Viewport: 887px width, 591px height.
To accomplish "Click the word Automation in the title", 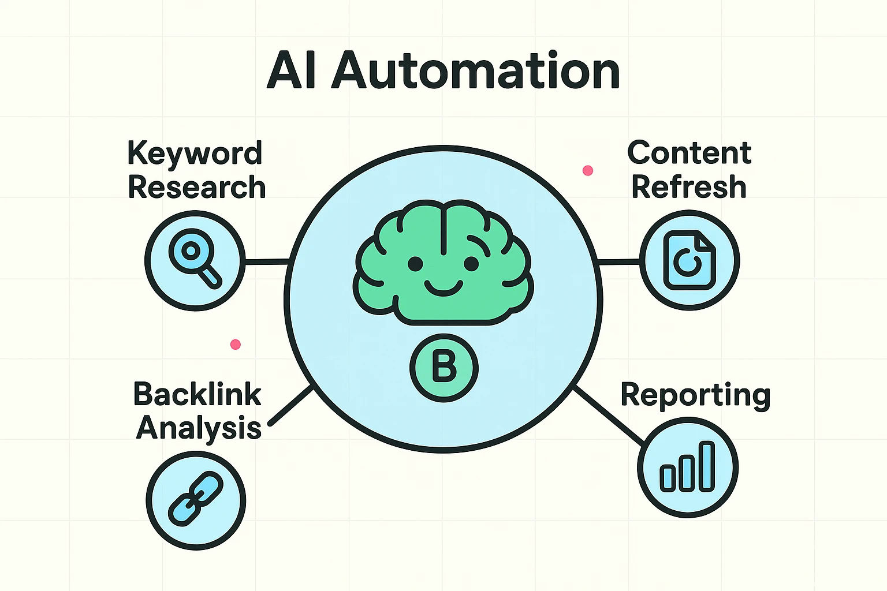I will click(x=475, y=71).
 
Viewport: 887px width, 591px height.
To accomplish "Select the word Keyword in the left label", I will click(x=195, y=154).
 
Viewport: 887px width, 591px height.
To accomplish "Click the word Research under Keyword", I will click(x=196, y=188).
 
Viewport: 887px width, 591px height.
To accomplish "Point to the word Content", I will click(x=689, y=153).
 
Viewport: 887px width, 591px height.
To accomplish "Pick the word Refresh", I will click(x=689, y=187).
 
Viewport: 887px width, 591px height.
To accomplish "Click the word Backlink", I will click(x=197, y=394).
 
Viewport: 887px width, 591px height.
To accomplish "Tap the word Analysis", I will click(x=199, y=428).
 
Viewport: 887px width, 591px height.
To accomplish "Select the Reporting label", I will click(x=695, y=395).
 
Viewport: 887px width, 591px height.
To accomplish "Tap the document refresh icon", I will click(x=689, y=260).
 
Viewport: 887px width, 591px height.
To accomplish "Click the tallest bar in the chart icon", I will click(x=707, y=466).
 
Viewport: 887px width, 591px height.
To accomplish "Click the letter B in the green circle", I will click(x=443, y=368).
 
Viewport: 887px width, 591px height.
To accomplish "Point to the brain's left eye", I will click(x=415, y=264).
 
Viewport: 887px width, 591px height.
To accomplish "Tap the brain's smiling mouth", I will click(x=443, y=287).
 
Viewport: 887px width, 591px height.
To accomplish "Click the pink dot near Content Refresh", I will click(x=588, y=170).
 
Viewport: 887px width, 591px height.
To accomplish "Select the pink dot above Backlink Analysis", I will click(x=235, y=345).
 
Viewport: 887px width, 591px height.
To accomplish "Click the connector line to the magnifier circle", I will click(x=266, y=263).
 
